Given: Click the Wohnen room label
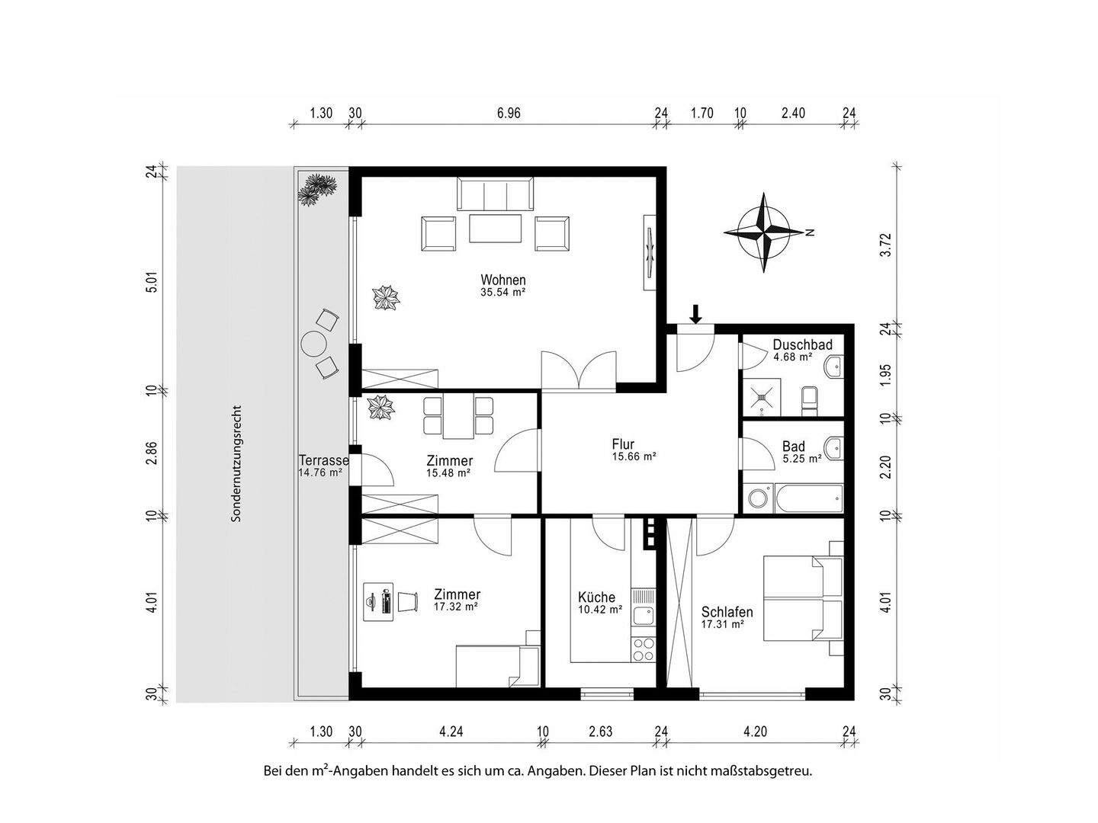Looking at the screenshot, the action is (x=502, y=280).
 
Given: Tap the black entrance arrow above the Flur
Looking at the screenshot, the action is (x=695, y=314).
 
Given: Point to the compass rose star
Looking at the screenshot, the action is (x=763, y=232).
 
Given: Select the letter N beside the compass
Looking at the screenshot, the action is (x=811, y=232).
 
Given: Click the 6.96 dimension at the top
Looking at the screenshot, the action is (x=509, y=114).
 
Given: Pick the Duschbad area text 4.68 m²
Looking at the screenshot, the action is (x=792, y=357).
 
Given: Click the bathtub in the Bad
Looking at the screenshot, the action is (x=808, y=498).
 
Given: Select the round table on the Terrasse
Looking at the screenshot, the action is (x=314, y=344).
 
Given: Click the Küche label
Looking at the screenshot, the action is (x=596, y=597).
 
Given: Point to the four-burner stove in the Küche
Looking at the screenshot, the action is (x=644, y=649).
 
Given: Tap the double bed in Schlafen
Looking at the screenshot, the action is (x=803, y=598).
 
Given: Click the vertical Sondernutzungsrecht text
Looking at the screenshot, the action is (x=236, y=464).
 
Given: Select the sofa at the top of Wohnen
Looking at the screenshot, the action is (x=495, y=194).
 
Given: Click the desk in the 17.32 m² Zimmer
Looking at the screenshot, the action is (x=377, y=602).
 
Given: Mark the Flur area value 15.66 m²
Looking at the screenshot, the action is (x=634, y=456).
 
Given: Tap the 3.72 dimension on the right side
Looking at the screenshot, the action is (x=886, y=245).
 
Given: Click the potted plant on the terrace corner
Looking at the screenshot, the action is (x=316, y=189).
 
